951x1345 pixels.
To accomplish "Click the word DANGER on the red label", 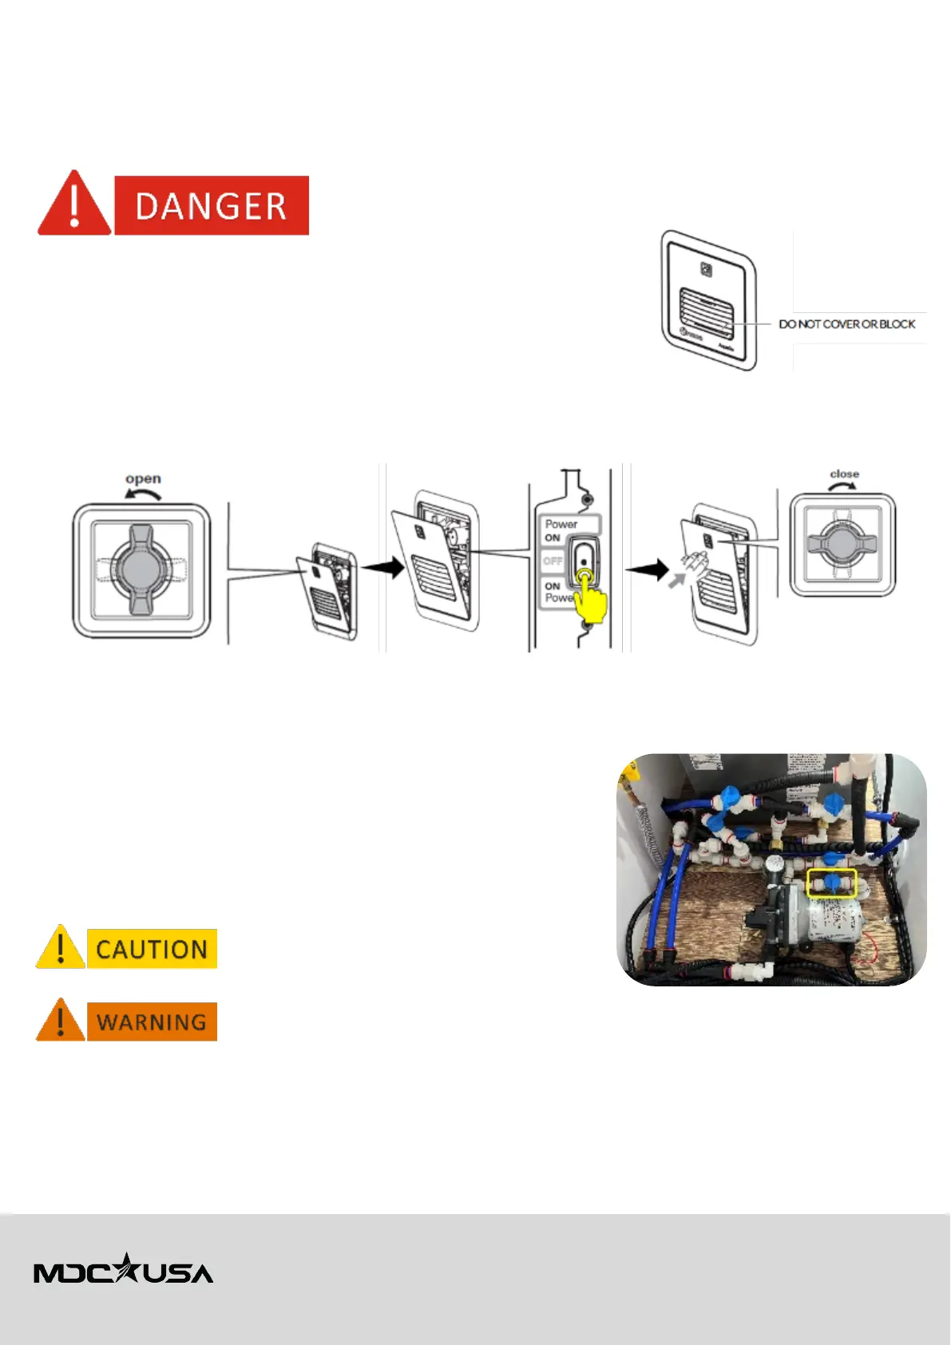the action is pyautogui.click(x=211, y=206).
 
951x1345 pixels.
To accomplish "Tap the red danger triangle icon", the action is pyautogui.click(x=74, y=205).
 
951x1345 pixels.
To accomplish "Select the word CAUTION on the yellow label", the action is pyautogui.click(x=152, y=949).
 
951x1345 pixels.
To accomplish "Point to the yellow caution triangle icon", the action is pyautogui.click(x=61, y=948).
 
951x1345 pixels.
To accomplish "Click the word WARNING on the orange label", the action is pyautogui.click(x=152, y=1022).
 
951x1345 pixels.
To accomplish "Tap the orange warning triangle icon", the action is pyautogui.click(x=61, y=1022).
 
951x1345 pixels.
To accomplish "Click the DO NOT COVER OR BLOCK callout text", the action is pyautogui.click(x=846, y=324).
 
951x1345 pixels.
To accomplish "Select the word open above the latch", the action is pyautogui.click(x=143, y=478).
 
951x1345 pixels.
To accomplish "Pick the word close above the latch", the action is pyautogui.click(x=844, y=474).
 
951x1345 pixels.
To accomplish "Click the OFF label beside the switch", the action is pyautogui.click(x=553, y=561).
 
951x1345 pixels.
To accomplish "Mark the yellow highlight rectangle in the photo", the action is pyautogui.click(x=831, y=883).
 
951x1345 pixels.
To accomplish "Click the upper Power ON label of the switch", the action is pyautogui.click(x=560, y=530).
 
